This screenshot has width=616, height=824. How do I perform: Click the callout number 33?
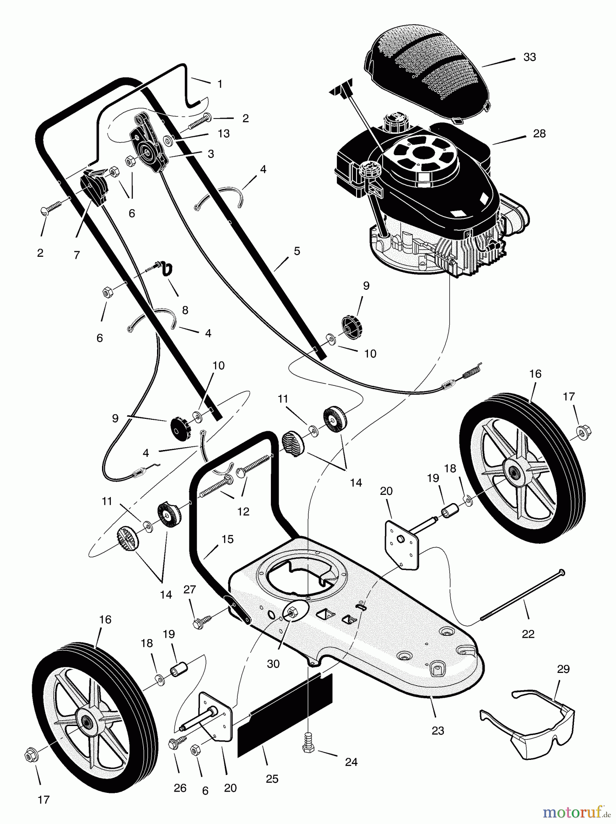pos(530,57)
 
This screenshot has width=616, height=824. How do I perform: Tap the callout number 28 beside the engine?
pos(539,134)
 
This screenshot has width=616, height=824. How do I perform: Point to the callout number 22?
pos(528,634)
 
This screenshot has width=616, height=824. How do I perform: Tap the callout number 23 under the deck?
pos(438,730)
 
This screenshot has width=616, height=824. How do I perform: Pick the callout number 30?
pos(273,664)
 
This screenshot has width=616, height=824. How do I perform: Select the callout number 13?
pos(224,134)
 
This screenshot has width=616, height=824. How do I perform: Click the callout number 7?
pos(76,255)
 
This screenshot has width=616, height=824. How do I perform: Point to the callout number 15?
pos(227,539)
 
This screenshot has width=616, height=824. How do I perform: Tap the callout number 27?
pos(189,590)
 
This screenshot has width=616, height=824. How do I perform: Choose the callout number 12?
pos(243,511)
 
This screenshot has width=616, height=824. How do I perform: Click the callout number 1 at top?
pos(220,84)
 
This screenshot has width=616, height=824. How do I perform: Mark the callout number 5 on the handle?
pos(297,251)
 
